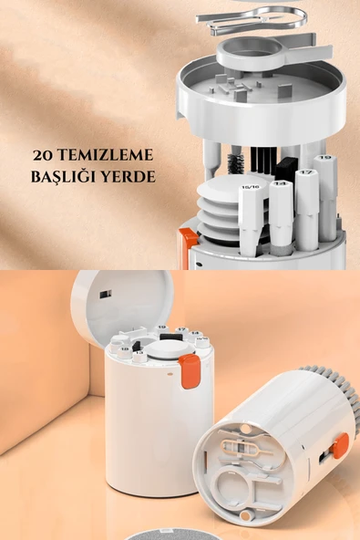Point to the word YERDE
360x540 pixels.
tap(130, 176)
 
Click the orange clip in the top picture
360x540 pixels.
tap(187, 247)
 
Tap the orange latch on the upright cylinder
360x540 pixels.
tap(190, 370)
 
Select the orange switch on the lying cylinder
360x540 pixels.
tap(340, 446)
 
